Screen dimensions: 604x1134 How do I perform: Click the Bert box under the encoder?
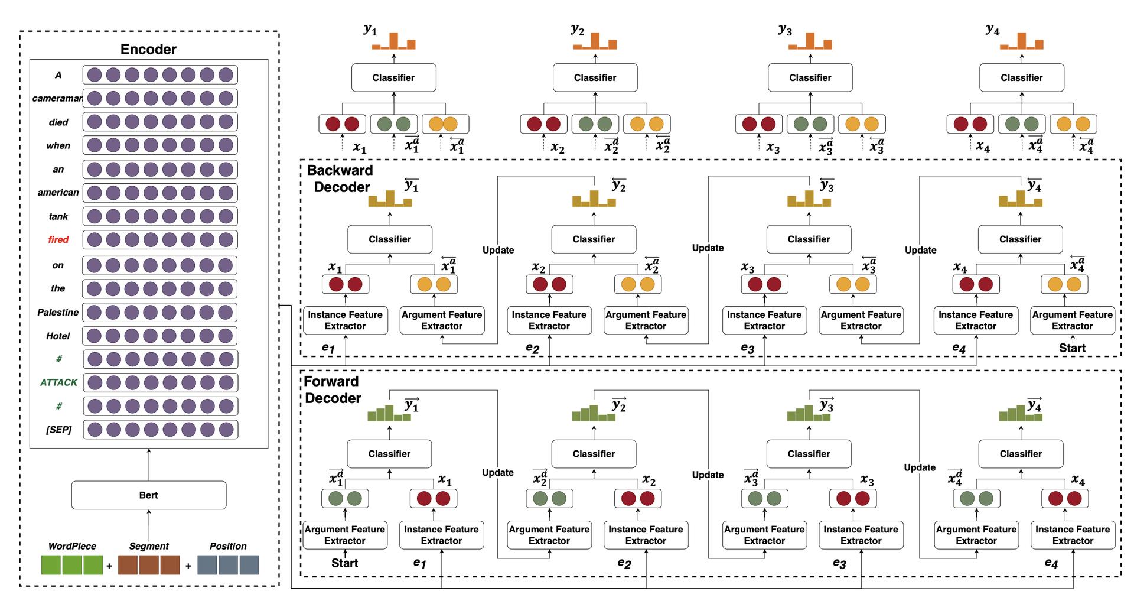(x=148, y=495)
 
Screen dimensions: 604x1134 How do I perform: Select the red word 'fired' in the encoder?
(x=58, y=239)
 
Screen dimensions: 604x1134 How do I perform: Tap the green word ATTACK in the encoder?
(x=58, y=382)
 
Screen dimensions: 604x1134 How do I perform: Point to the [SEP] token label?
(x=58, y=430)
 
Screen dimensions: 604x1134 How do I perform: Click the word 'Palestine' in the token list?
(x=58, y=312)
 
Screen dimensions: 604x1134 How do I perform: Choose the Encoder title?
(x=148, y=49)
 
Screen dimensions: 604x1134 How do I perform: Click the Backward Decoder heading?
(x=341, y=178)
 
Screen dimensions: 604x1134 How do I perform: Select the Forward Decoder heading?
(x=332, y=389)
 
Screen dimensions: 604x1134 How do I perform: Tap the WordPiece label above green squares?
(x=72, y=546)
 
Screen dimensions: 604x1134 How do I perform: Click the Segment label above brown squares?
(x=149, y=546)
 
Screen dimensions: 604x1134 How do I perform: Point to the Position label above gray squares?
(x=228, y=546)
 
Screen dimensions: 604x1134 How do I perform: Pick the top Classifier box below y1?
(x=393, y=77)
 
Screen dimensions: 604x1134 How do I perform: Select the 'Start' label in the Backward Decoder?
(x=1072, y=348)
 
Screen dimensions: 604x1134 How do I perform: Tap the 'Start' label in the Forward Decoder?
(x=344, y=563)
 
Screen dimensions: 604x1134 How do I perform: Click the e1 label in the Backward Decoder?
(x=328, y=348)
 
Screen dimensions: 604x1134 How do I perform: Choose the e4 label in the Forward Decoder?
(x=1051, y=563)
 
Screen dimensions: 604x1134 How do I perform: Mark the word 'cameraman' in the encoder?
(x=57, y=98)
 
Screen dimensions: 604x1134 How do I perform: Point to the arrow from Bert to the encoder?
(x=149, y=465)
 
